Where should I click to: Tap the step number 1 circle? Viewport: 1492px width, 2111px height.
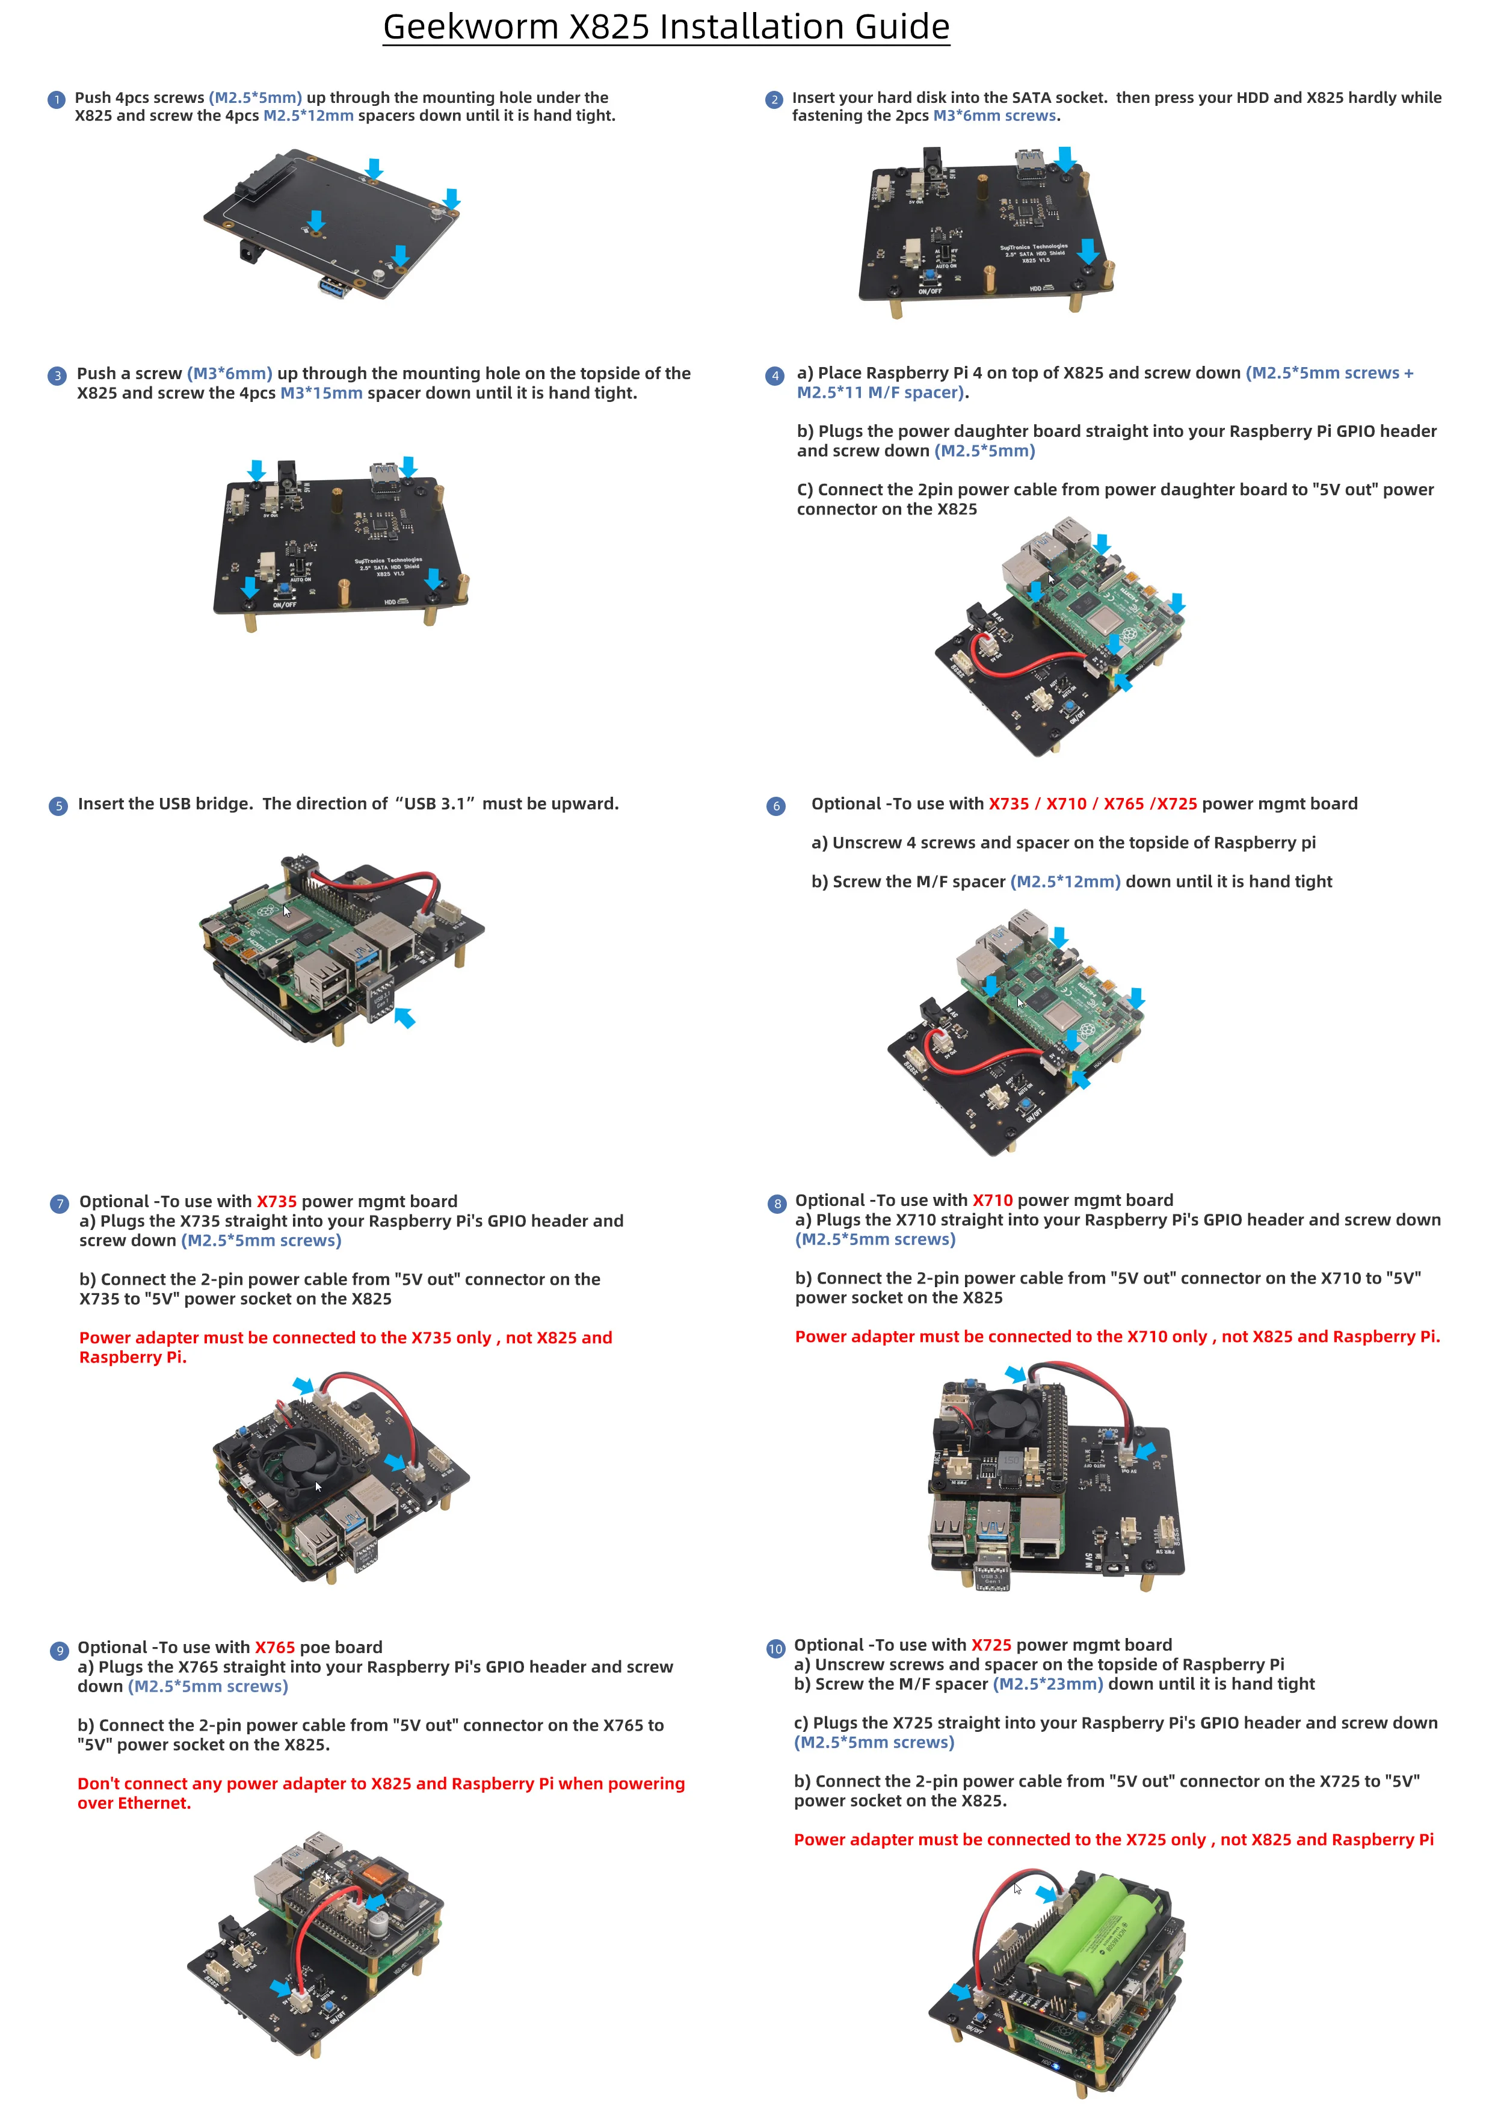(56, 99)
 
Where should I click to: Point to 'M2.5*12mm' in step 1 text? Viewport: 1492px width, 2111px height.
(308, 116)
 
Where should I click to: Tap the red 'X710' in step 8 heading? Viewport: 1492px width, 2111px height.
(992, 1200)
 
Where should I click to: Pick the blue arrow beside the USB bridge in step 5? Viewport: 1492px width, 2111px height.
(404, 1017)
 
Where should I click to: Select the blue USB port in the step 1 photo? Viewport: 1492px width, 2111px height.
(334, 286)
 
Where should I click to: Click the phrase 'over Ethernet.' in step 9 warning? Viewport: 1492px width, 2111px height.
(134, 1803)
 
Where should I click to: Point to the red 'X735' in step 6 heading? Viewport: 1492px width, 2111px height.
(1008, 803)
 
